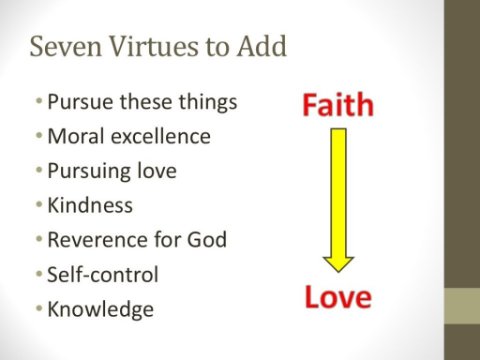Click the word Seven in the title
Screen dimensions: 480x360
click(66, 46)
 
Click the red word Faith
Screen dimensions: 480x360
click(338, 105)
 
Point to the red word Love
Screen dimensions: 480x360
click(338, 297)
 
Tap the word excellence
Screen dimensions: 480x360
click(161, 136)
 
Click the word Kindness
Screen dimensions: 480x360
click(90, 205)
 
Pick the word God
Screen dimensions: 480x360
click(207, 240)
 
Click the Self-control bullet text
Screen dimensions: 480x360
click(103, 274)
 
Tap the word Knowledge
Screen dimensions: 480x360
click(101, 310)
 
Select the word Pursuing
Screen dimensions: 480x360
click(89, 171)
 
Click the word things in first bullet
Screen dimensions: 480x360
click(208, 102)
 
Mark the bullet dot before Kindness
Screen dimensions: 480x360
click(39, 204)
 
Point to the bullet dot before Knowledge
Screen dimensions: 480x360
click(39, 308)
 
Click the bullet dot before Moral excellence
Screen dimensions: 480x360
click(39, 135)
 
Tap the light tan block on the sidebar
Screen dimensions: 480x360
click(462, 306)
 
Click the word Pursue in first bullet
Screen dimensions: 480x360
click(80, 102)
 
